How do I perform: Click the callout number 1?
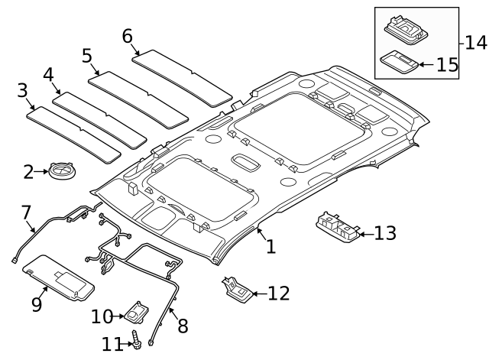tap(270, 246)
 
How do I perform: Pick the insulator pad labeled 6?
tap(182, 77)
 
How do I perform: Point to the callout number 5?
tap(86, 57)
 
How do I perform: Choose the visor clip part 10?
tap(138, 312)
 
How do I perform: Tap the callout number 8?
tap(182, 326)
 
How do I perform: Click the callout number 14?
tap(475, 42)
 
